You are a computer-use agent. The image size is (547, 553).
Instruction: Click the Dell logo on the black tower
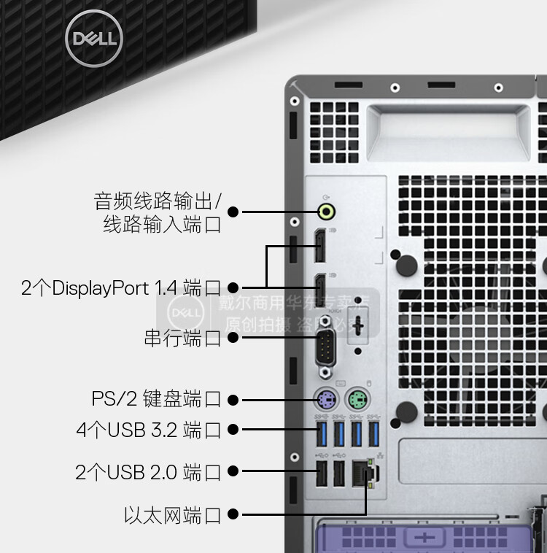(90, 37)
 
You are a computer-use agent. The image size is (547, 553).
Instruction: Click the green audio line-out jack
(327, 212)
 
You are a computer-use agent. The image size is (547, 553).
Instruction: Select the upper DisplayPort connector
(319, 247)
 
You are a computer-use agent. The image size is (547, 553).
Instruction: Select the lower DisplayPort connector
(319, 290)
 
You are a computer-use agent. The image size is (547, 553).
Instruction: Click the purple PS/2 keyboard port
(325, 399)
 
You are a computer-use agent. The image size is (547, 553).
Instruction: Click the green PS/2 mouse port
(357, 399)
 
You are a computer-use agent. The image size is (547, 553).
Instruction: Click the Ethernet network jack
(362, 473)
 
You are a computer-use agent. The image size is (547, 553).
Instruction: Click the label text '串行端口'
(182, 339)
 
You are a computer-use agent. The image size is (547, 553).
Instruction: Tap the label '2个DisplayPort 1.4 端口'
(120, 288)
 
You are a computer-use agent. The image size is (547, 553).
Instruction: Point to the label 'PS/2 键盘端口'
(156, 399)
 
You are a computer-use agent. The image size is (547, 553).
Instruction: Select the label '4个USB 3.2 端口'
(148, 430)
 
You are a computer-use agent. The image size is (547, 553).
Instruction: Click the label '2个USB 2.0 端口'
(148, 472)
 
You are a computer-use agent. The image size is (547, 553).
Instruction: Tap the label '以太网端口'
(172, 516)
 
